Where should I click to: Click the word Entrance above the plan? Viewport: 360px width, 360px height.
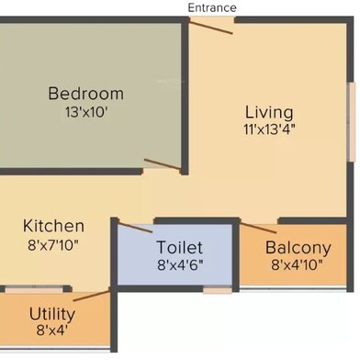[x=212, y=8]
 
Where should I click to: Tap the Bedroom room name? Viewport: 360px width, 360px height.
[x=86, y=94]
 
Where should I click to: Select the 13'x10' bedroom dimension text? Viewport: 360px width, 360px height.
[x=86, y=112]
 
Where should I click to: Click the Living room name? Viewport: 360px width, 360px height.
[x=269, y=113]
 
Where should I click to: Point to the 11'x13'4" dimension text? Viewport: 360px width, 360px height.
[x=270, y=129]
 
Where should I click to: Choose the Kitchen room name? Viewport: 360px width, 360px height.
[x=53, y=226]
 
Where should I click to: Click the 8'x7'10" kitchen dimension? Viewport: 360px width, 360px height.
[x=53, y=245]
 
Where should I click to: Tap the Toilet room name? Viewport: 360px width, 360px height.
[x=180, y=247]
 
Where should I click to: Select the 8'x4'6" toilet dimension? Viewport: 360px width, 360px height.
[x=180, y=265]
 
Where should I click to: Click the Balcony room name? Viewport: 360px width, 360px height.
[x=298, y=248]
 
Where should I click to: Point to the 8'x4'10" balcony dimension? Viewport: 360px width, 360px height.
[x=297, y=264]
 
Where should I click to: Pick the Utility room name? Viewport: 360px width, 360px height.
[x=52, y=314]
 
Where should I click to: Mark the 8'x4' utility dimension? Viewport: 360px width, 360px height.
[x=52, y=331]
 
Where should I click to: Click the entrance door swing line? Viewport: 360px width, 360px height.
[x=211, y=27]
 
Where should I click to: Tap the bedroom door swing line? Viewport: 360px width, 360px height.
[x=162, y=164]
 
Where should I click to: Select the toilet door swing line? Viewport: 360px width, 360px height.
[x=135, y=228]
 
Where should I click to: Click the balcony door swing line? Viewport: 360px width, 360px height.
[x=259, y=229]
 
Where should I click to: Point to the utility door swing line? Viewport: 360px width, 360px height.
[x=91, y=296]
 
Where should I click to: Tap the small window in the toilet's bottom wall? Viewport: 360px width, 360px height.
[x=218, y=289]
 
